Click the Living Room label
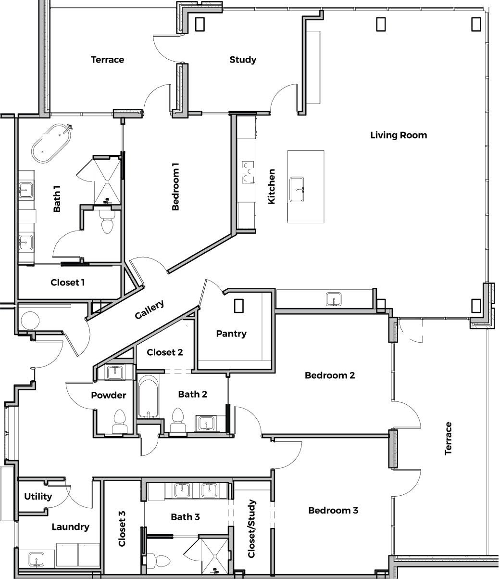(399, 135)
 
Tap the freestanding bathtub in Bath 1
(52, 143)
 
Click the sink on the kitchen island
(297, 189)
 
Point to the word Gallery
(149, 309)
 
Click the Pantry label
(231, 334)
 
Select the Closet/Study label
(251, 528)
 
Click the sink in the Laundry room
(37, 559)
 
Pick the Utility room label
(38, 497)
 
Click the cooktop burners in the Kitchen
(248, 172)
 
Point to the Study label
(243, 60)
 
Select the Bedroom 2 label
(330, 375)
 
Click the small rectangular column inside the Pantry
(239, 306)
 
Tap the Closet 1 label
(67, 283)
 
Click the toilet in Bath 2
(178, 420)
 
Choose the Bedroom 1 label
(175, 187)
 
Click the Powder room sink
(115, 373)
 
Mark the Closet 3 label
(122, 528)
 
